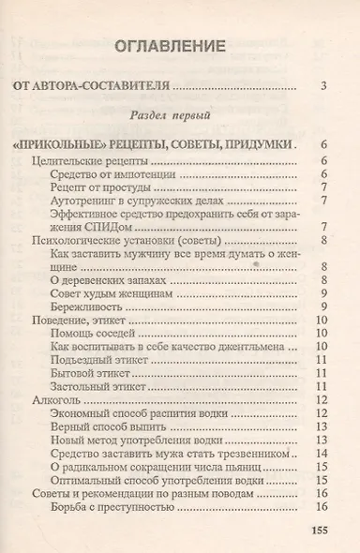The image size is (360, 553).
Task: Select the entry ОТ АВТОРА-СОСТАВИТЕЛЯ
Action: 92,87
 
